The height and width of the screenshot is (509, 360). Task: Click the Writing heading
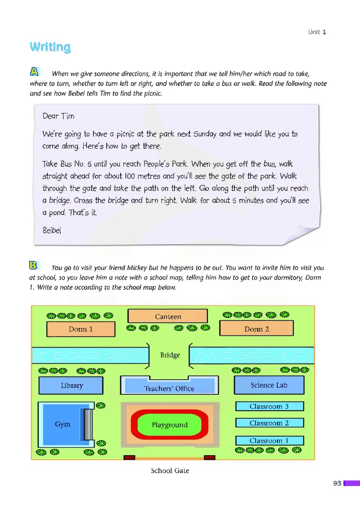(49, 47)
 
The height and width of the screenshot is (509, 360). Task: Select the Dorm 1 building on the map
(81, 329)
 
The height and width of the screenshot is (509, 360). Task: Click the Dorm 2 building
(256, 329)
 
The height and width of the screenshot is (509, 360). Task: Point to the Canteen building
(168, 317)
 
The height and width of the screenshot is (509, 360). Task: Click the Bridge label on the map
(170, 355)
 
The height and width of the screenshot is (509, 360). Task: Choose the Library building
(72, 385)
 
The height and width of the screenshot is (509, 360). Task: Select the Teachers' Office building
(169, 388)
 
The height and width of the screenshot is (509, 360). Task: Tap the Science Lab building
(269, 385)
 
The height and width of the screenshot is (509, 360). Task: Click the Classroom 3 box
(269, 406)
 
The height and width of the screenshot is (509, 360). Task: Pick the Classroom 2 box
(269, 423)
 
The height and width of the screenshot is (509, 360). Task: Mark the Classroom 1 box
(269, 441)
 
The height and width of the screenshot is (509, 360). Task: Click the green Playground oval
(170, 425)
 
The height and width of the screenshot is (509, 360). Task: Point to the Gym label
(63, 424)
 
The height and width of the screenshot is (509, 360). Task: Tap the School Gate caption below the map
(170, 471)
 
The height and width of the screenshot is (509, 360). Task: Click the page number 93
(337, 483)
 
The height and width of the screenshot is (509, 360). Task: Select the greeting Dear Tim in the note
(58, 116)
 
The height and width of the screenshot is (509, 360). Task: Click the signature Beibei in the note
(52, 230)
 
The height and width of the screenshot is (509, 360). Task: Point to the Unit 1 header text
(317, 32)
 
